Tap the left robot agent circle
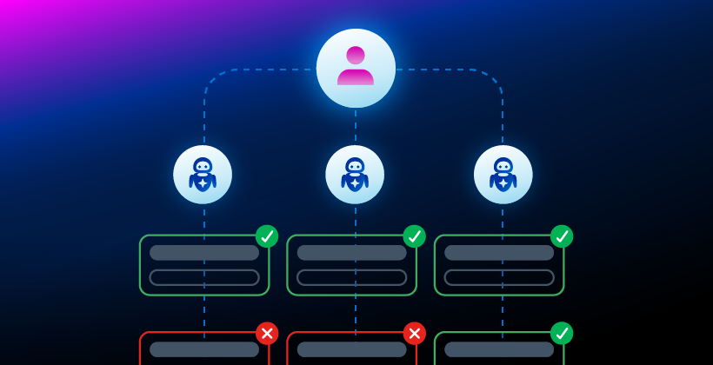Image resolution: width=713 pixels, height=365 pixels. pyautogui.click(x=203, y=174)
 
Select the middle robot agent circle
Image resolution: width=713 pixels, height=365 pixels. pyautogui.click(x=355, y=174)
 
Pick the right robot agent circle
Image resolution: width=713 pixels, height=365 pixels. pyautogui.click(x=503, y=174)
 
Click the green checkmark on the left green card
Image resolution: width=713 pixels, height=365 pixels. pyautogui.click(x=267, y=236)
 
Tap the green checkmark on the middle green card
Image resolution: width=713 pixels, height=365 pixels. pyautogui.click(x=414, y=236)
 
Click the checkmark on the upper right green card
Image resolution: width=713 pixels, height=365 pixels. pyautogui.click(x=562, y=236)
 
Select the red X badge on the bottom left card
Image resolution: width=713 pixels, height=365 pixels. pyautogui.click(x=267, y=334)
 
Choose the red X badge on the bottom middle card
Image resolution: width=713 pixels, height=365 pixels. pyautogui.click(x=414, y=334)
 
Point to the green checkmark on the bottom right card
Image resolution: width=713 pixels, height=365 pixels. pyautogui.click(x=562, y=334)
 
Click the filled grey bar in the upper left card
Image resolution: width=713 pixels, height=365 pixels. pyautogui.click(x=204, y=253)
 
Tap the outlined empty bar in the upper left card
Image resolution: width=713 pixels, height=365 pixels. pyautogui.click(x=204, y=277)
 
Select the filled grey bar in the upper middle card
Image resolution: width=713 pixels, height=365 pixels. pyautogui.click(x=351, y=253)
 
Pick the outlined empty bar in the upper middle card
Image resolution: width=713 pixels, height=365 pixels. pyautogui.click(x=351, y=277)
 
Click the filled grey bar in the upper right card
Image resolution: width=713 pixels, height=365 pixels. pyautogui.click(x=499, y=253)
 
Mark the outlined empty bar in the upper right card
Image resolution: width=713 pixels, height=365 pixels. pyautogui.click(x=499, y=277)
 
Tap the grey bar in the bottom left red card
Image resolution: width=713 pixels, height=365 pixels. pyautogui.click(x=204, y=349)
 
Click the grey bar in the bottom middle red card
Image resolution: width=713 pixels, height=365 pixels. pyautogui.click(x=351, y=349)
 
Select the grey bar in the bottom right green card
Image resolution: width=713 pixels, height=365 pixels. pyautogui.click(x=499, y=349)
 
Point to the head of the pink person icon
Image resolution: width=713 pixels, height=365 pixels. pyautogui.click(x=356, y=56)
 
